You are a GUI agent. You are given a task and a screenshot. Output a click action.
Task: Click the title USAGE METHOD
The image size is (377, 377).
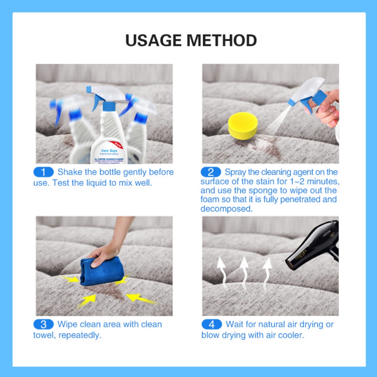pyautogui.click(x=191, y=40)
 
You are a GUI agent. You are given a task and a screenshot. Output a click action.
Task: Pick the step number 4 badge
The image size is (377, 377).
pyautogui.click(x=211, y=324)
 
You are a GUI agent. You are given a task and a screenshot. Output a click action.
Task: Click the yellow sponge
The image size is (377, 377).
pyautogui.click(x=243, y=126)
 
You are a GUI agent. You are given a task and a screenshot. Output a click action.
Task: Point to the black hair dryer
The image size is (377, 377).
pyautogui.click(x=315, y=249)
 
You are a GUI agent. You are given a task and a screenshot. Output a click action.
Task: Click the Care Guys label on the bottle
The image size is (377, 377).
pyautogui.click(x=109, y=151)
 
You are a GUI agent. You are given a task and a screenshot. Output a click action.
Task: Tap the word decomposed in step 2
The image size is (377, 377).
pyautogui.click(x=226, y=208)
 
